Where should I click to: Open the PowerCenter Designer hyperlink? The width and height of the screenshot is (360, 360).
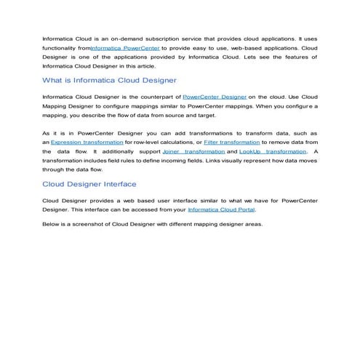(x=215, y=96)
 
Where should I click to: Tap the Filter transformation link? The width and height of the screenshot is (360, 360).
(x=232, y=143)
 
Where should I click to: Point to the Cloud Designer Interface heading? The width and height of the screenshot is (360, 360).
(x=89, y=184)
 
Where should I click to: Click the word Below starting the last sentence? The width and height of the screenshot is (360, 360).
(x=51, y=223)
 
